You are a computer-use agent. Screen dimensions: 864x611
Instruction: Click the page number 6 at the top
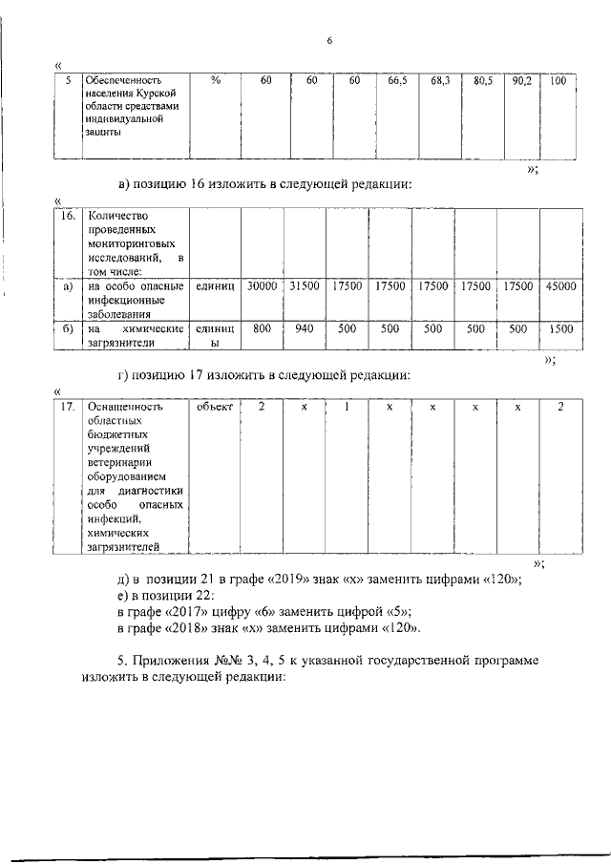[x=328, y=41]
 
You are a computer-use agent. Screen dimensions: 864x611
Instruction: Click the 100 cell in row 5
[x=558, y=81]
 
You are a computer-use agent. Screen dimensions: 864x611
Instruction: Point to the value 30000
[x=261, y=285]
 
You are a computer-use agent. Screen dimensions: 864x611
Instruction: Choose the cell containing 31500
[x=304, y=285]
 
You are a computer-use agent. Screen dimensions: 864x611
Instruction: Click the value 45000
[x=560, y=285]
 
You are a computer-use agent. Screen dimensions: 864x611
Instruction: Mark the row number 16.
[x=65, y=217]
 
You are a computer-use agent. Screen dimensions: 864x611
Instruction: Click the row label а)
[x=66, y=285]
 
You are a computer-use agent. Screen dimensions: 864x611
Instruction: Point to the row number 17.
[x=66, y=407]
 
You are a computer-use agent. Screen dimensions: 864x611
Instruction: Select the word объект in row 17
[x=215, y=407]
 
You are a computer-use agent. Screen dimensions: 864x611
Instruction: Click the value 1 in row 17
[x=347, y=407]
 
